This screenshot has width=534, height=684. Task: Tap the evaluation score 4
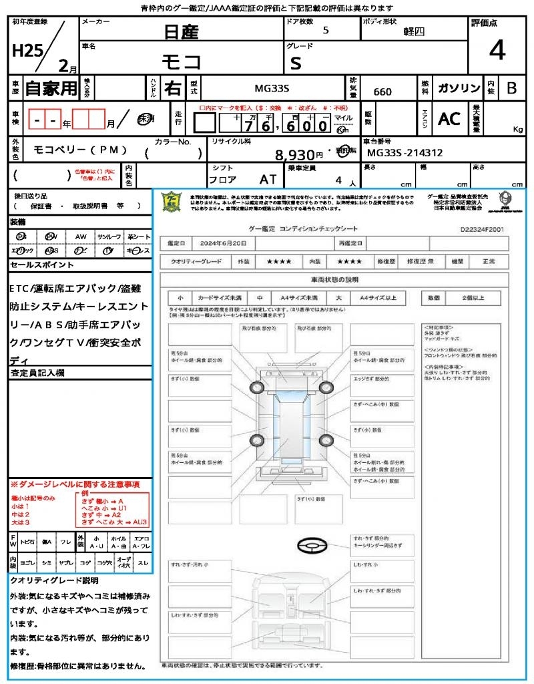pyautogui.click(x=497, y=51)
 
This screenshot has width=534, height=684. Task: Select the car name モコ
pyautogui.click(x=182, y=61)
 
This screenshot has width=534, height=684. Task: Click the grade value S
pyautogui.click(x=296, y=63)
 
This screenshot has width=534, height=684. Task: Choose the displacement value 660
pyautogui.click(x=382, y=92)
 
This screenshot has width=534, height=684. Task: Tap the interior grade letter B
pyautogui.click(x=511, y=89)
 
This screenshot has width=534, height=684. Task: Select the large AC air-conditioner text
pyautogui.click(x=449, y=119)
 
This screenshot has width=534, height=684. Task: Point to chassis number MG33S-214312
pyautogui.click(x=405, y=153)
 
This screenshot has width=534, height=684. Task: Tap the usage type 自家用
pyautogui.click(x=51, y=89)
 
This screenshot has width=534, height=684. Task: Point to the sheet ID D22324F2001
pyautogui.click(x=482, y=228)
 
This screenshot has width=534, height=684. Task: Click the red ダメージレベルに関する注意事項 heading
pyautogui.click(x=75, y=484)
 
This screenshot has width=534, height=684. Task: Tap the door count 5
pyautogui.click(x=325, y=31)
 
